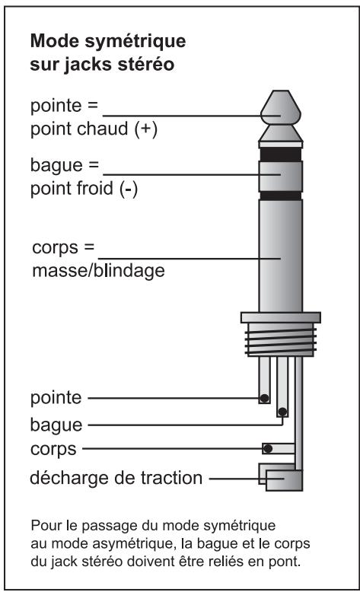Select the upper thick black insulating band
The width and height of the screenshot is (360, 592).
281,154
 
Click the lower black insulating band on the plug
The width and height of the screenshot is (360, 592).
281,196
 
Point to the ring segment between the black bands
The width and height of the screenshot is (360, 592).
281,176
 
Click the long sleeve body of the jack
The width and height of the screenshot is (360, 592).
281,256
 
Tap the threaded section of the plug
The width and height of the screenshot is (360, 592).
280,341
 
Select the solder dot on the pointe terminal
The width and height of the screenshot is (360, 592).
264,398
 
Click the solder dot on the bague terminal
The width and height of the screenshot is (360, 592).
282,412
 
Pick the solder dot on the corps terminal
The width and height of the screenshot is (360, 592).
268,448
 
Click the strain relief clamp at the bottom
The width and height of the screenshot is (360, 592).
281,477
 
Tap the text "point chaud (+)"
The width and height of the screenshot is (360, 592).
94,129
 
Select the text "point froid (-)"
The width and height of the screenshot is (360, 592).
84,189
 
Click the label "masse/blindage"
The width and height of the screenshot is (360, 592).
99,270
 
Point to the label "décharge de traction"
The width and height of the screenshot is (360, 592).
116,478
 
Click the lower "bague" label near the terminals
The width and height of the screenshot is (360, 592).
56,425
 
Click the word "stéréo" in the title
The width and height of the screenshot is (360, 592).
146,64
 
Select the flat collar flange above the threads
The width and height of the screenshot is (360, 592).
281,317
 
